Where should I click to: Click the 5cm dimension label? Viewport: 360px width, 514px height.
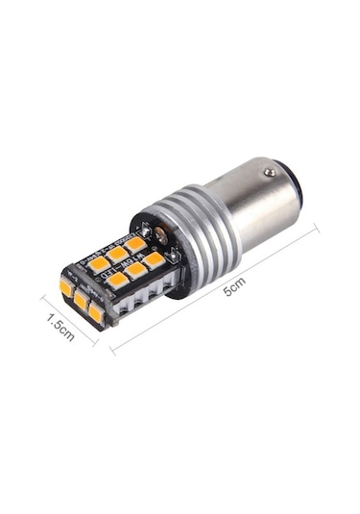click(x=234, y=286)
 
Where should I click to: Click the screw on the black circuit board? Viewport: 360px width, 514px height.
click(x=161, y=234)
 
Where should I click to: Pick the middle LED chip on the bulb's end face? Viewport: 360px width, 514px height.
click(x=81, y=299)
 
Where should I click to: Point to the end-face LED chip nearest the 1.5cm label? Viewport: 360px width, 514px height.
click(x=95, y=313)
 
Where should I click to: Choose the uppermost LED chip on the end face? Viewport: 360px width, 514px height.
click(x=67, y=286)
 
